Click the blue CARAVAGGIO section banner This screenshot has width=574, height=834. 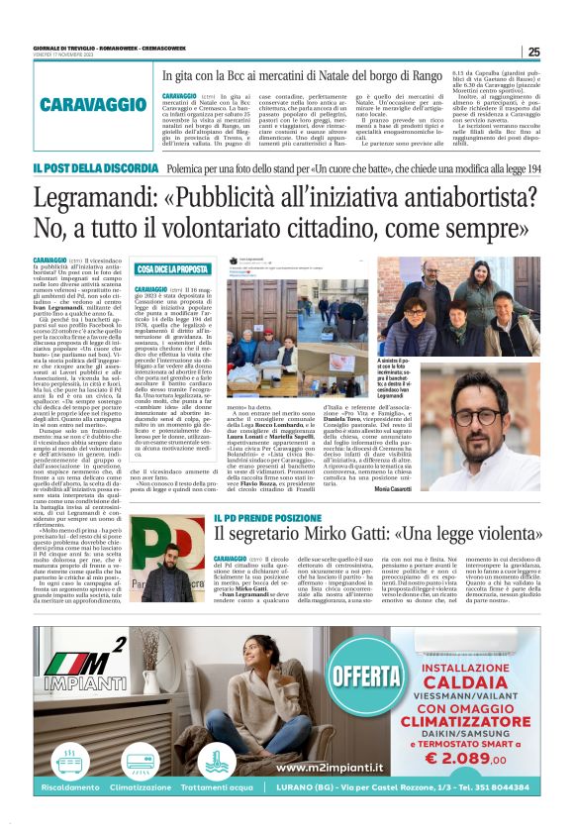coord(91,102)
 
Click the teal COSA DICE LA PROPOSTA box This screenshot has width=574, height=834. coord(172,268)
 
